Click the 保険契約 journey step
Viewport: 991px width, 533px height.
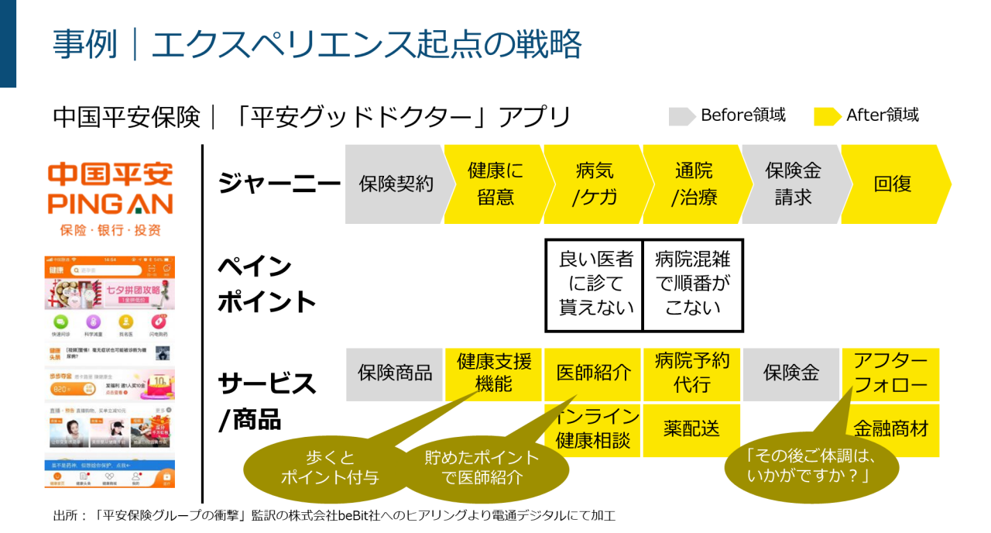(x=395, y=184)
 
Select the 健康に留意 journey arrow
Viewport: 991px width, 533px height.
(x=495, y=184)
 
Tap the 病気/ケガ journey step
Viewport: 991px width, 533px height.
(x=594, y=184)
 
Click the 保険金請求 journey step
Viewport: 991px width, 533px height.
(x=792, y=184)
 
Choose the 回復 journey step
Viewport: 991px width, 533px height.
(x=892, y=184)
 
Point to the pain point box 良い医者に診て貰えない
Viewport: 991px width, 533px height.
(x=595, y=284)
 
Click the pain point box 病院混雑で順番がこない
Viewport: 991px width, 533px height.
(x=693, y=284)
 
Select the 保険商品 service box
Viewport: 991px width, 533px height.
(x=395, y=373)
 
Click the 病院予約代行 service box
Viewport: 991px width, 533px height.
(x=692, y=373)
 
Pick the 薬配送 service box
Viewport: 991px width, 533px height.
(x=692, y=429)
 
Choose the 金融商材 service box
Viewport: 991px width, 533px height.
(x=890, y=429)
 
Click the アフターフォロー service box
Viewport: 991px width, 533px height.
(x=890, y=373)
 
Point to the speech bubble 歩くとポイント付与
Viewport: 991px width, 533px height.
(x=319, y=468)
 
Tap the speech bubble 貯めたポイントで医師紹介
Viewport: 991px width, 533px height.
(x=480, y=468)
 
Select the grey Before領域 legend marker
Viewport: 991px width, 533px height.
(x=681, y=116)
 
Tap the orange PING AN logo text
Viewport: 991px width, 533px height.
(x=110, y=204)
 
